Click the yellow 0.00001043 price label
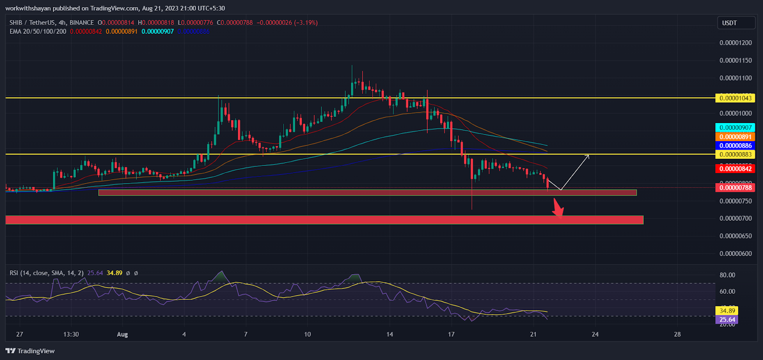[x=735, y=98]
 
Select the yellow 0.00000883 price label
[x=735, y=154]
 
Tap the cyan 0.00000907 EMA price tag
[x=735, y=128]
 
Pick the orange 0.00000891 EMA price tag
[x=735, y=137]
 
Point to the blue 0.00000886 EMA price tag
[x=735, y=146]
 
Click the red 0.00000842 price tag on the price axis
[x=735, y=169]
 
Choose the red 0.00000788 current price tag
[x=735, y=188]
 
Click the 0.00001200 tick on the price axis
[x=735, y=43]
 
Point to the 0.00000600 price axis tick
[x=735, y=254]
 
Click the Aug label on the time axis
[x=123, y=334]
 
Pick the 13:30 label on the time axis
[x=71, y=334]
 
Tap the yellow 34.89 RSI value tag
[x=727, y=311]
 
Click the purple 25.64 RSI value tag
[x=727, y=320]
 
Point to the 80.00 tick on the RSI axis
[x=727, y=275]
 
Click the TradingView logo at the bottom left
[x=30, y=351]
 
